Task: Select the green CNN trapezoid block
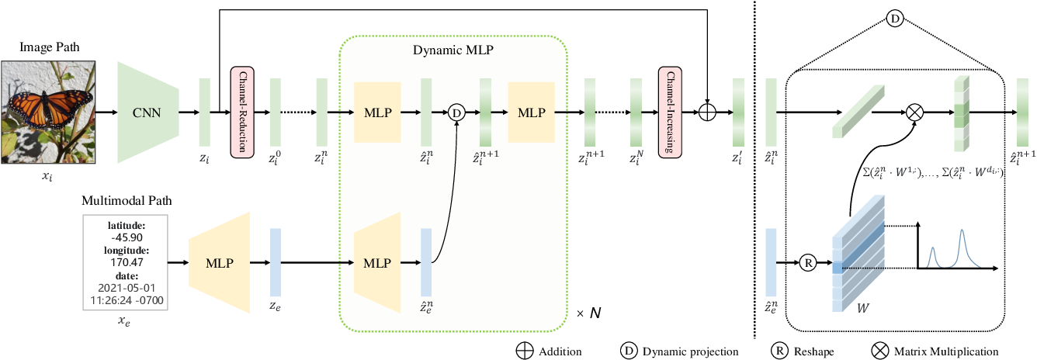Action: click(148, 112)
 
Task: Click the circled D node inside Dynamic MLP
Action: click(456, 112)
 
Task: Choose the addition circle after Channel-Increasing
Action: click(706, 112)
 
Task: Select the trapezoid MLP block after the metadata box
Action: click(218, 263)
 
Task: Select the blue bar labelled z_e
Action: click(276, 263)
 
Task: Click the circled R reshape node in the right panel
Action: click(808, 263)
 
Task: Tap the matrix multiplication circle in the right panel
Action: click(917, 112)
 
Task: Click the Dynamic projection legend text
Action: click(690, 351)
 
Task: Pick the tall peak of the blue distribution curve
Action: click(962, 231)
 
